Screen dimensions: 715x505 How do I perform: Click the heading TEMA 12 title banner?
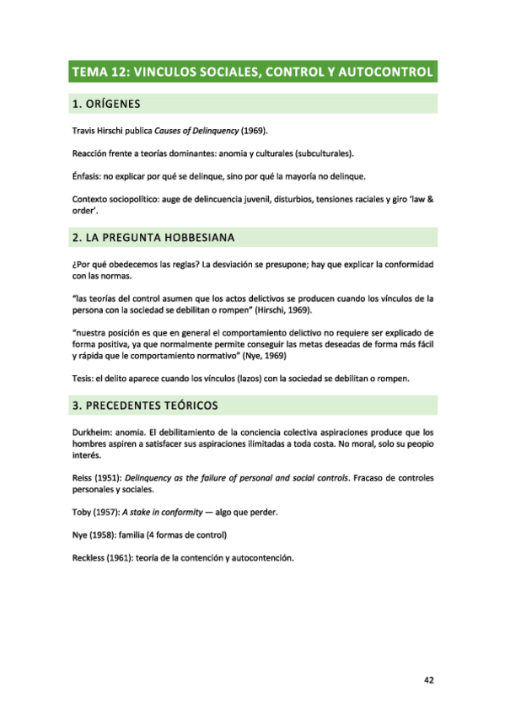click(252, 72)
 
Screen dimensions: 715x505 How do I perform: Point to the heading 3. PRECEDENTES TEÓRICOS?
click(146, 406)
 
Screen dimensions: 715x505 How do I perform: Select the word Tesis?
click(84, 378)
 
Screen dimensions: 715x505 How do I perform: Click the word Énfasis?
click(88, 175)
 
